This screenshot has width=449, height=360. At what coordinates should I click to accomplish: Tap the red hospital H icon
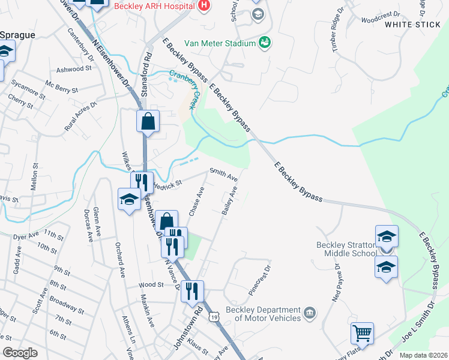[x=203, y=5]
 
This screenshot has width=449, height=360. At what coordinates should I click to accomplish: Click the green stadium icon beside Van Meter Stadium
[x=264, y=43]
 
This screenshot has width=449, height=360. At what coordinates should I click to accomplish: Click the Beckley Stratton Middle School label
[x=347, y=249]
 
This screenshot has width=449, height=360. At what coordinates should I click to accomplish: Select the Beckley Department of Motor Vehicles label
[x=263, y=314]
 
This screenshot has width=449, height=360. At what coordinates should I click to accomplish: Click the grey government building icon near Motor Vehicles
[x=310, y=313]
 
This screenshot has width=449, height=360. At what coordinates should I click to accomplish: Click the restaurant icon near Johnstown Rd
[x=192, y=291]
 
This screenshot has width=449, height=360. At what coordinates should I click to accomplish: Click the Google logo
[x=20, y=353]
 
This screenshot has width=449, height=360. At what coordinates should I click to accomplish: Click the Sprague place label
[x=17, y=35]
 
